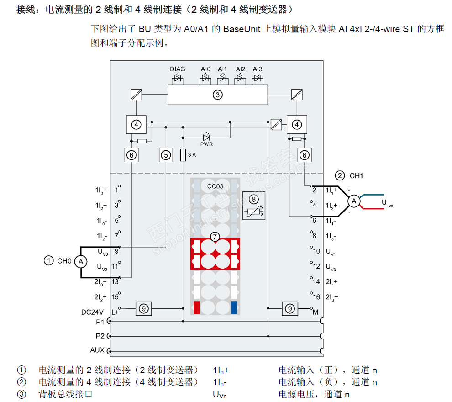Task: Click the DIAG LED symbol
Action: [x=178, y=79]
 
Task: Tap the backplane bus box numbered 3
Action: [x=218, y=95]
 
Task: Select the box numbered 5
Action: [x=166, y=155]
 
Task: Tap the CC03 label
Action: [x=215, y=186]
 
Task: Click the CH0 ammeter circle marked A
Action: [x=81, y=261]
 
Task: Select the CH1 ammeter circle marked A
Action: [x=352, y=201]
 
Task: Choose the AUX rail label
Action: [x=97, y=350]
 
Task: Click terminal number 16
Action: [x=316, y=297]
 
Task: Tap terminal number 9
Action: [x=117, y=250]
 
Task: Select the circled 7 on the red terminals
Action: [x=215, y=236]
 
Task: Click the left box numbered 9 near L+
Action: [x=144, y=309]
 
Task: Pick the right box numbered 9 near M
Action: [x=290, y=309]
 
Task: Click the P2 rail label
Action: [x=100, y=336]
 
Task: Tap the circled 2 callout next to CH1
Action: [x=339, y=175]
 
